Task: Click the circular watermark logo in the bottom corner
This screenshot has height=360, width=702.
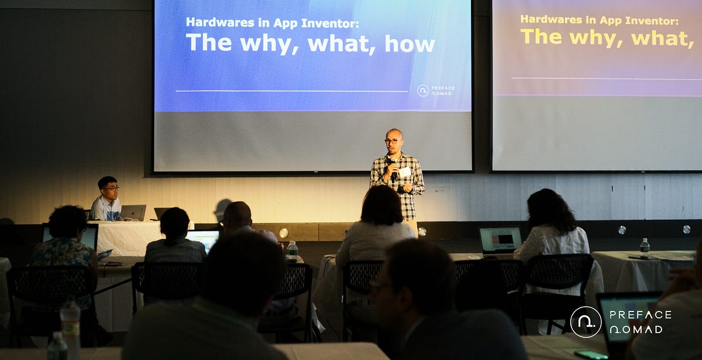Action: pos(586,321)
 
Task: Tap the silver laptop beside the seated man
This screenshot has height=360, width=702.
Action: pos(133,212)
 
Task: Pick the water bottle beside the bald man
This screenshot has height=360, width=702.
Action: pos(292,251)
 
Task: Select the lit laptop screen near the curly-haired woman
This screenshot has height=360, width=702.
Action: pos(500,239)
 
